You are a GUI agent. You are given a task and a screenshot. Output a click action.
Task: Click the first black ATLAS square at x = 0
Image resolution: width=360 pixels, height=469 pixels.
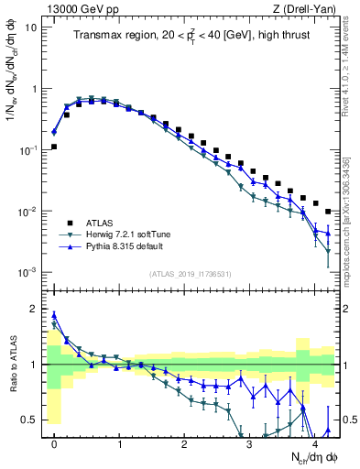[x=54, y=147]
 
